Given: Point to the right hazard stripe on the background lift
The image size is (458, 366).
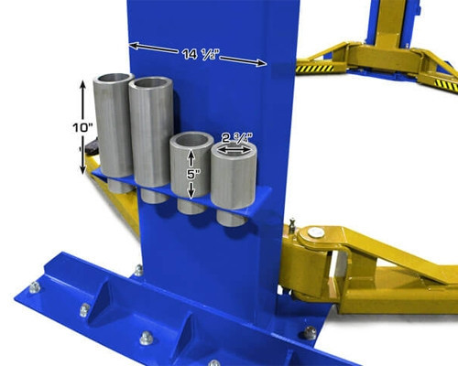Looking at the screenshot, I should click(x=445, y=84).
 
